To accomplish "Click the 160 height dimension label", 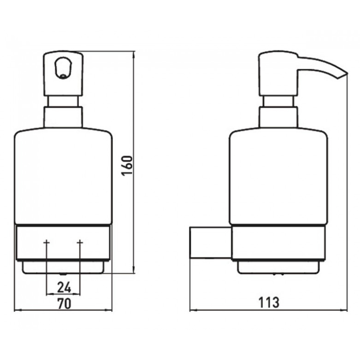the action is point(127,166).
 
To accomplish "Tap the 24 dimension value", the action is point(64,287).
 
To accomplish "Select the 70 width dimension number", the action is point(64,304).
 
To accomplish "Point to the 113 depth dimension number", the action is point(269,302).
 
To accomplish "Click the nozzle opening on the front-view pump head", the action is point(63,68).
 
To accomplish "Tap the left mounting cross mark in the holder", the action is point(47,243).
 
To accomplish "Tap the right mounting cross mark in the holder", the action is point(80,243).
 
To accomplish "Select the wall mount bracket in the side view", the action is point(210,243).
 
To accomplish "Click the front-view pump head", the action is point(63,73).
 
